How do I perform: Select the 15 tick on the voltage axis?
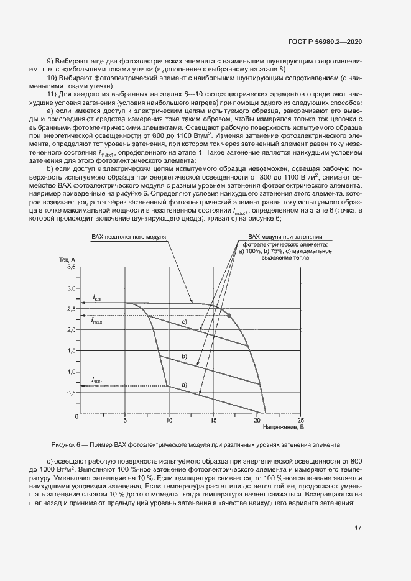point(213,421)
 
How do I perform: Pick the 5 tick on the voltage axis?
point(125,421)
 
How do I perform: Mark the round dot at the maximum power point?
point(229,316)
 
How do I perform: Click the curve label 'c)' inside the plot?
point(184,323)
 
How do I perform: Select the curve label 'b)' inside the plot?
point(184,356)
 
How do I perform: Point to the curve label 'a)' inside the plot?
point(184,385)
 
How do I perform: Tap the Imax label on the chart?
point(96,321)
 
